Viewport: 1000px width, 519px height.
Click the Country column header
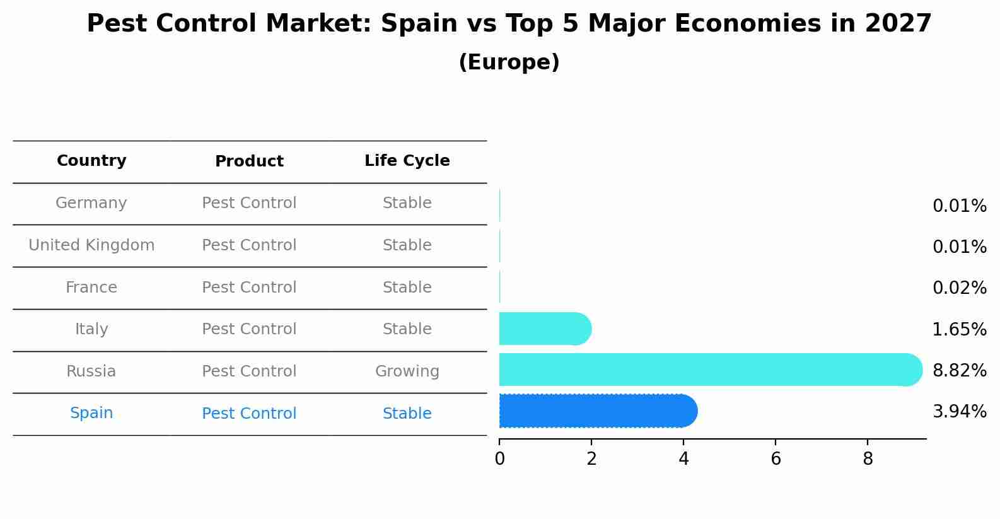pos(91,161)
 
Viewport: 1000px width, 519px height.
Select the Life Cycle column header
pos(407,161)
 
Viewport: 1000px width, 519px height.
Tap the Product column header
pos(249,161)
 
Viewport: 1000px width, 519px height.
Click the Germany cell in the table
pos(91,203)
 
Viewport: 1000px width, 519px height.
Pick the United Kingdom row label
pos(91,245)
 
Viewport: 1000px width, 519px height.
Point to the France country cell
pos(91,288)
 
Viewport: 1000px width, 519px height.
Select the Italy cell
pos(91,329)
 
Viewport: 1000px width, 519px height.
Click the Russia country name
pos(91,371)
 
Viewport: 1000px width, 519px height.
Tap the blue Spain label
pos(91,413)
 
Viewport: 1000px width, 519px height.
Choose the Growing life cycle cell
pos(407,371)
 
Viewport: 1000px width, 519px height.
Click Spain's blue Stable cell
pos(407,414)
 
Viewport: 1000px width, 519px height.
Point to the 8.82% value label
pos(959,371)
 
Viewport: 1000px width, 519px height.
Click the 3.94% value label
pos(959,412)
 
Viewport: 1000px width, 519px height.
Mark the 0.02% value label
pos(959,288)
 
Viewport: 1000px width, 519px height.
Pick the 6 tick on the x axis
pos(776,459)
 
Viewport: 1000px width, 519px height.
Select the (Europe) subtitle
pos(509,62)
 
